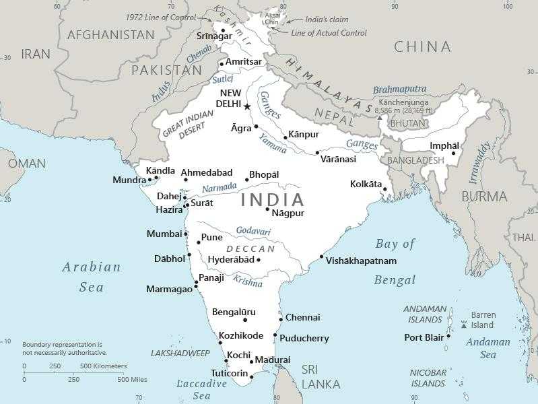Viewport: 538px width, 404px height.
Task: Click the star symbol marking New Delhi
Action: click(247, 106)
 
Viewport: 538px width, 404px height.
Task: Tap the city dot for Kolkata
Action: click(384, 189)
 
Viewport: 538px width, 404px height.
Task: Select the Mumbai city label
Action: click(164, 234)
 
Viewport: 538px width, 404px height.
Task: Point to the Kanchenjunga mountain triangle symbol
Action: click(380, 117)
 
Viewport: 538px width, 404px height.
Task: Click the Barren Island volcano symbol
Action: click(463, 325)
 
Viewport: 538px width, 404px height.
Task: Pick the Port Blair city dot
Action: click(448, 337)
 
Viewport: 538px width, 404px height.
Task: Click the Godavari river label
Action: click(253, 232)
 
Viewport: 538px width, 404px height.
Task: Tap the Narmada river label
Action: click(220, 187)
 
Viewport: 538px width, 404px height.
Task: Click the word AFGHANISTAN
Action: click(110, 34)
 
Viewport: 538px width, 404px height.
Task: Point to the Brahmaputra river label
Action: click(399, 89)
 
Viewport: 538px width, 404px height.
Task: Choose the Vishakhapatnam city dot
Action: click(321, 257)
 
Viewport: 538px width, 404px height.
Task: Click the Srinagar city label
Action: click(213, 36)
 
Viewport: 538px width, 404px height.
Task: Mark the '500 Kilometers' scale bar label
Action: click(104, 366)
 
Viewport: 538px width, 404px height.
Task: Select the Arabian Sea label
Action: click(92, 277)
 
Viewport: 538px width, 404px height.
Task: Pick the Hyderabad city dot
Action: click(259, 260)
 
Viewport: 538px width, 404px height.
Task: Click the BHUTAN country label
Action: click(407, 124)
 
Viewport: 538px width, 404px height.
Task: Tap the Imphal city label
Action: click(444, 146)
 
